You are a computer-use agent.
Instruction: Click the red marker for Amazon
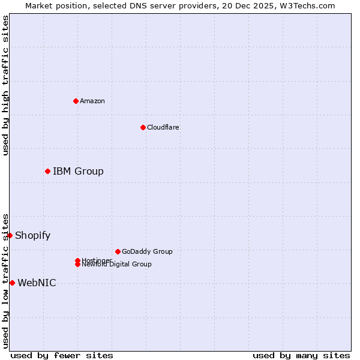pyautogui.click(x=76, y=101)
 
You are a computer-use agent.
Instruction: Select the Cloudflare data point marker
pyautogui.click(x=143, y=127)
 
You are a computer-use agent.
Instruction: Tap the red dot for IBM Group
pyautogui.click(x=47, y=172)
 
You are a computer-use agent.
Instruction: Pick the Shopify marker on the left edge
pyautogui.click(x=10, y=235)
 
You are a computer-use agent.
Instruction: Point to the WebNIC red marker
pyautogui.click(x=12, y=283)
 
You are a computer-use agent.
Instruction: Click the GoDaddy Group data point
pyautogui.click(x=118, y=251)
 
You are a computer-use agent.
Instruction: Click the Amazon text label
pyautogui.click(x=92, y=101)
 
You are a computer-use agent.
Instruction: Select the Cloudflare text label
pyautogui.click(x=163, y=127)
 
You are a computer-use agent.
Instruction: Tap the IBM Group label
pyautogui.click(x=78, y=172)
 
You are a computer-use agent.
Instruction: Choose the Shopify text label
pyautogui.click(x=32, y=235)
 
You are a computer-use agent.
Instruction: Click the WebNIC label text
pyautogui.click(x=37, y=283)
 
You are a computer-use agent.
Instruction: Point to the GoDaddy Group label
pyautogui.click(x=147, y=251)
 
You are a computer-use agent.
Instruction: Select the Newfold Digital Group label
pyautogui.click(x=117, y=265)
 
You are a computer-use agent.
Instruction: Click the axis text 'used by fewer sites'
pyautogui.click(x=62, y=355)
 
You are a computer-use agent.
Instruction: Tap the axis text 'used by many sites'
pyautogui.click(x=301, y=355)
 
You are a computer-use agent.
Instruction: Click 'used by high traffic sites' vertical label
pyautogui.click(x=5, y=85)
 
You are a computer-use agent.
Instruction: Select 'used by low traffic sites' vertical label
pyautogui.click(x=5, y=281)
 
